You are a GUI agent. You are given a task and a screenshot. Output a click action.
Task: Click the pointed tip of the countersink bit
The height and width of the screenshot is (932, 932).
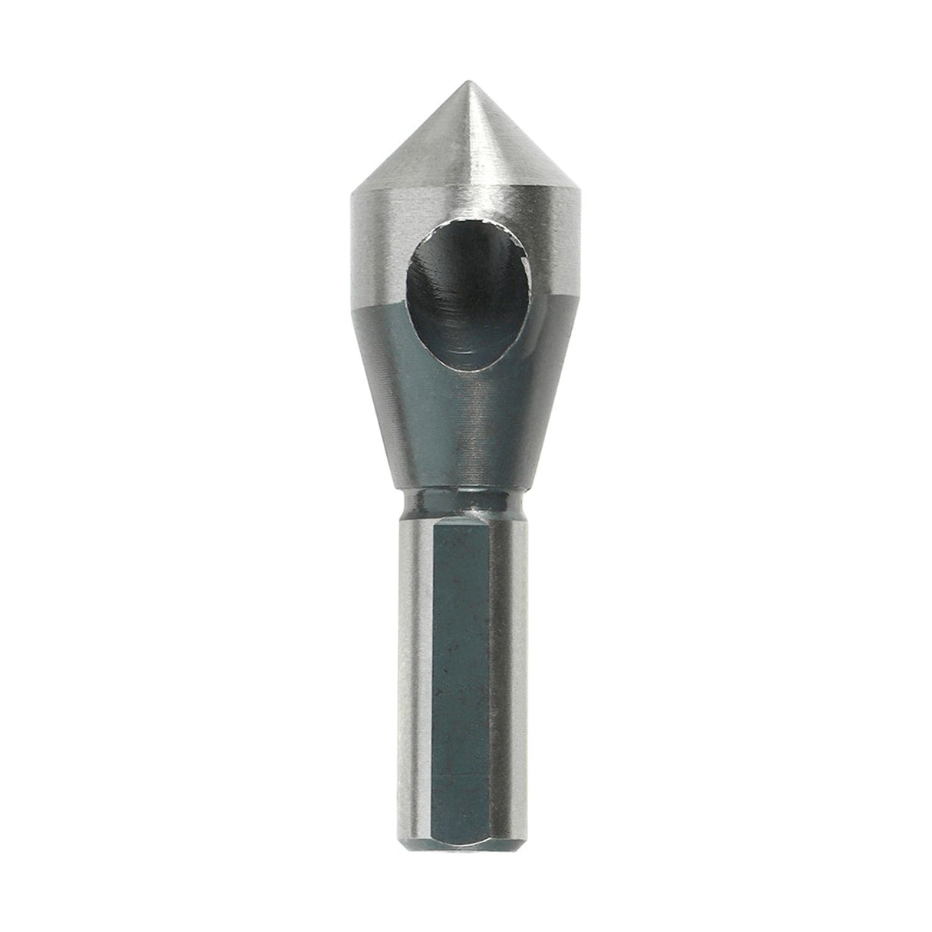click(x=467, y=83)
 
